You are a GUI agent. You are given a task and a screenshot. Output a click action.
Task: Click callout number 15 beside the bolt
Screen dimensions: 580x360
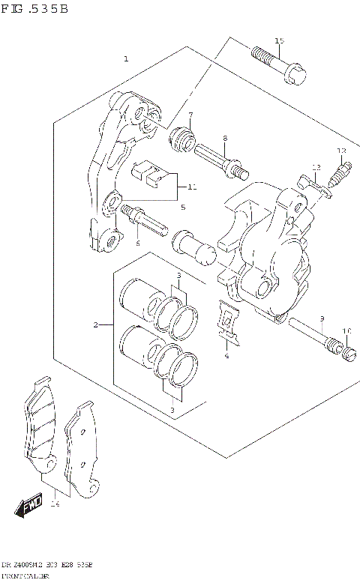279,40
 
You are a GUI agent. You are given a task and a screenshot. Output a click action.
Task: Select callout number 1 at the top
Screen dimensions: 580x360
126,58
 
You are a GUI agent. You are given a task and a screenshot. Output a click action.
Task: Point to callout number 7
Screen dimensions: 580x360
190,115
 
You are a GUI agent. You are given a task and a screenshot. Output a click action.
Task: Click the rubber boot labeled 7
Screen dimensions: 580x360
182,139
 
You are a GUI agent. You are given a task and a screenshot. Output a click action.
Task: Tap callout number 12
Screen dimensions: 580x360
341,151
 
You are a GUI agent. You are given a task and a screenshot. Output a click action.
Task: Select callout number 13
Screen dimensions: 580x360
316,166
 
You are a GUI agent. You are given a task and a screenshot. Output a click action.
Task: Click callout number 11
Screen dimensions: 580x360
192,187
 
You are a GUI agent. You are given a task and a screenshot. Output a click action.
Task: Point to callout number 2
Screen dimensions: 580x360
95,324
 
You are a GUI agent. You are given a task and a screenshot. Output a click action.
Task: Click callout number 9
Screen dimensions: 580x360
321,318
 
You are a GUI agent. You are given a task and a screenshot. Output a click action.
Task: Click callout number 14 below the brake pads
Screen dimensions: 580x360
54,504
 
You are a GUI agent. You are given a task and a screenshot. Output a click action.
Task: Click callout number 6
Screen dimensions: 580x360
138,243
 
